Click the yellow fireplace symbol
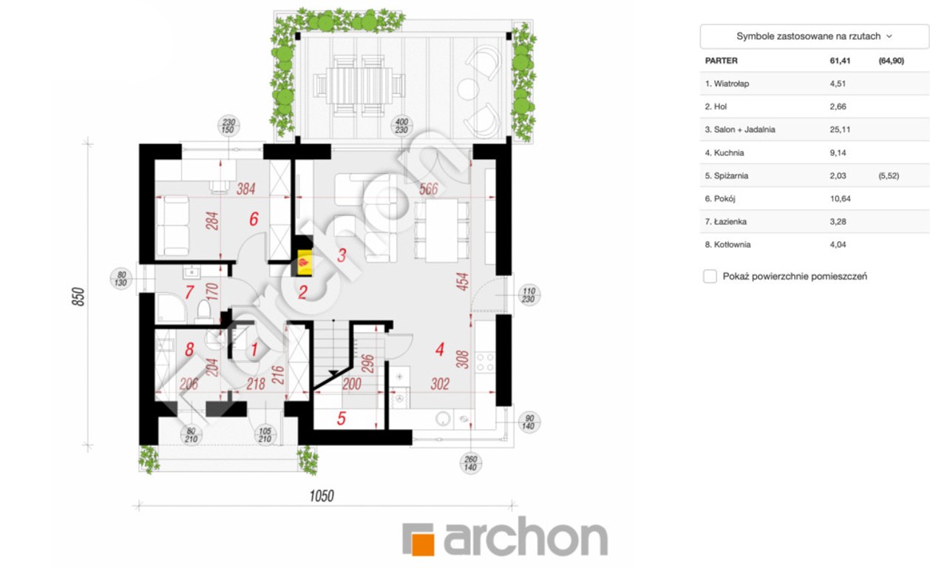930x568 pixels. tap(305, 263)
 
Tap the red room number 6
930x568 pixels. tap(254, 219)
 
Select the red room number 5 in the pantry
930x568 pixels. tap(342, 419)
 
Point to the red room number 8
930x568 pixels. tap(189, 349)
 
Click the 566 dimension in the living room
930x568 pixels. tap(428, 189)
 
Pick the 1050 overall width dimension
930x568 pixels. tap(322, 496)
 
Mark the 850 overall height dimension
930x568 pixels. tap(78, 297)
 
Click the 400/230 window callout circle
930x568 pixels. tap(401, 126)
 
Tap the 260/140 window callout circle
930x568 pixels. tap(470, 463)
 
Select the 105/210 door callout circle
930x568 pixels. tap(265, 435)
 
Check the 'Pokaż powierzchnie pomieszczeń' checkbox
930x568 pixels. tap(710, 276)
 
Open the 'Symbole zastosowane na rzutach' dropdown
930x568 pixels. tap(814, 36)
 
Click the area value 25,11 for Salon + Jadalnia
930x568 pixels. tap(840, 129)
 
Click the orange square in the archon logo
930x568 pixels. tap(423, 544)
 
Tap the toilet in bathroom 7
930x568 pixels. tap(204, 311)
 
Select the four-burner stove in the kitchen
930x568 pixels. tap(484, 362)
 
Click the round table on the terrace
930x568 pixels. tap(468, 88)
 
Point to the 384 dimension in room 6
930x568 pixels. tap(245, 189)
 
